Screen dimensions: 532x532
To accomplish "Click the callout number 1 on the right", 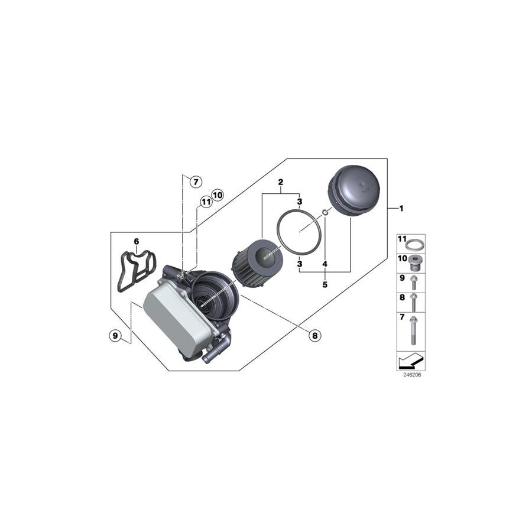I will point(401,208).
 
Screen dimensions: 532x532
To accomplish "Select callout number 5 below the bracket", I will point(325,284).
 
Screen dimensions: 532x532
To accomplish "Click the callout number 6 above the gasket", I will point(136,241).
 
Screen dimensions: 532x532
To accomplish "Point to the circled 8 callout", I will point(314,336).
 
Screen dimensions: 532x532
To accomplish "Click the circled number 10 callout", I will point(218,194).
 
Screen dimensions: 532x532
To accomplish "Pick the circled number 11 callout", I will point(206,202).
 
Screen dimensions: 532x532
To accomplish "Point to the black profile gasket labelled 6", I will point(135,271).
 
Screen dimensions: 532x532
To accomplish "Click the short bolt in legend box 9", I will point(414,280).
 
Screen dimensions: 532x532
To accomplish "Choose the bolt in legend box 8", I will point(414,302).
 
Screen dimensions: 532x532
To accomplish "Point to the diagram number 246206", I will point(412,374).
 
